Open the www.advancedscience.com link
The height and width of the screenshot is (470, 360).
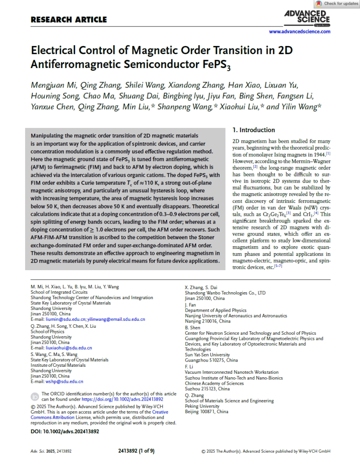[x=300, y=32]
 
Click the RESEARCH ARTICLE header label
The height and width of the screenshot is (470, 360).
[x=69, y=20]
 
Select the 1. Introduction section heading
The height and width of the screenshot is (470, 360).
[x=254, y=130]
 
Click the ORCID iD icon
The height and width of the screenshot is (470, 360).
[x=35, y=396]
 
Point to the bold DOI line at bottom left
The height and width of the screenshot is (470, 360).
[x=65, y=431]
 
